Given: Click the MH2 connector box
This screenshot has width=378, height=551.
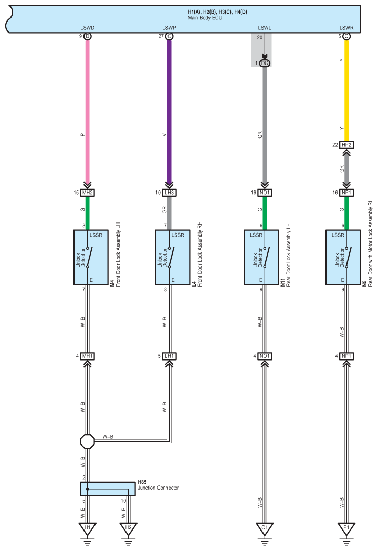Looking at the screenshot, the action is click(x=88, y=193).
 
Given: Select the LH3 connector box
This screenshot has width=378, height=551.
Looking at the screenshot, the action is click(x=170, y=193).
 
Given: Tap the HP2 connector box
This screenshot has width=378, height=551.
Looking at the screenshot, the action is click(x=346, y=145).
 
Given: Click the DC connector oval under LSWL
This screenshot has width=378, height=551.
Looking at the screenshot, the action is click(x=265, y=63).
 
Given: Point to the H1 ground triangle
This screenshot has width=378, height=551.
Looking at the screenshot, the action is click(x=88, y=528).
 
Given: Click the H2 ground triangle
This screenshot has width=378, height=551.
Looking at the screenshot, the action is click(x=128, y=528).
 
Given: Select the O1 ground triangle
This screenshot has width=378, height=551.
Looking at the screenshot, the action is click(x=265, y=528).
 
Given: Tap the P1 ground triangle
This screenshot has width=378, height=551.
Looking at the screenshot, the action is click(x=346, y=528).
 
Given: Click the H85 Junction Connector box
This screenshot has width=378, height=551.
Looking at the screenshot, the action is click(x=108, y=489).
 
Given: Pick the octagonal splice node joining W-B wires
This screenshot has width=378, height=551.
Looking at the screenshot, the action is click(x=88, y=441).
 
